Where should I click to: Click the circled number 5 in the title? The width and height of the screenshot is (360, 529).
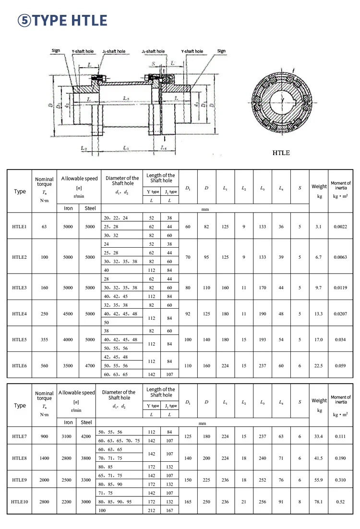(x=24, y=20)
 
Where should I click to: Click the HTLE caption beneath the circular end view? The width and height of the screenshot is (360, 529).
(x=281, y=153)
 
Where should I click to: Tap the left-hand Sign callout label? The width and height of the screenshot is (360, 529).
(x=56, y=50)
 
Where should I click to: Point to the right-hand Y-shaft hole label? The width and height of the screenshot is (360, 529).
(x=192, y=51)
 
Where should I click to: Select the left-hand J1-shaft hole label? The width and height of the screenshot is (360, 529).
(x=114, y=51)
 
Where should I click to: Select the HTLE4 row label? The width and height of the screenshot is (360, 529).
(x=20, y=313)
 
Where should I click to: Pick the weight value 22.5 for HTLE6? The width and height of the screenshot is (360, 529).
(x=319, y=365)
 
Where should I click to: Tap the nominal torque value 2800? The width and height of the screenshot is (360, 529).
(x=45, y=501)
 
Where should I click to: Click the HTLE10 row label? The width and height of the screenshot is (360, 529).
(x=20, y=501)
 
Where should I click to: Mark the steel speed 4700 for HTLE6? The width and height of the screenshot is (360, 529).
(x=90, y=365)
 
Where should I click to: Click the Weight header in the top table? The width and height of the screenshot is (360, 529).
(x=319, y=186)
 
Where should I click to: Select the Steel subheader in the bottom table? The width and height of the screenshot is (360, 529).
(x=86, y=422)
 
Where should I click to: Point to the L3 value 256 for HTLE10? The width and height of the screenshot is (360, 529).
(x=263, y=501)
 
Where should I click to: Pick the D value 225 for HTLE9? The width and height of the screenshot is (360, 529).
(x=206, y=480)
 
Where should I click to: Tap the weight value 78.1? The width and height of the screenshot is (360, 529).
(x=319, y=501)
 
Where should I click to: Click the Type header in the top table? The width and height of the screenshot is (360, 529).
(x=20, y=191)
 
